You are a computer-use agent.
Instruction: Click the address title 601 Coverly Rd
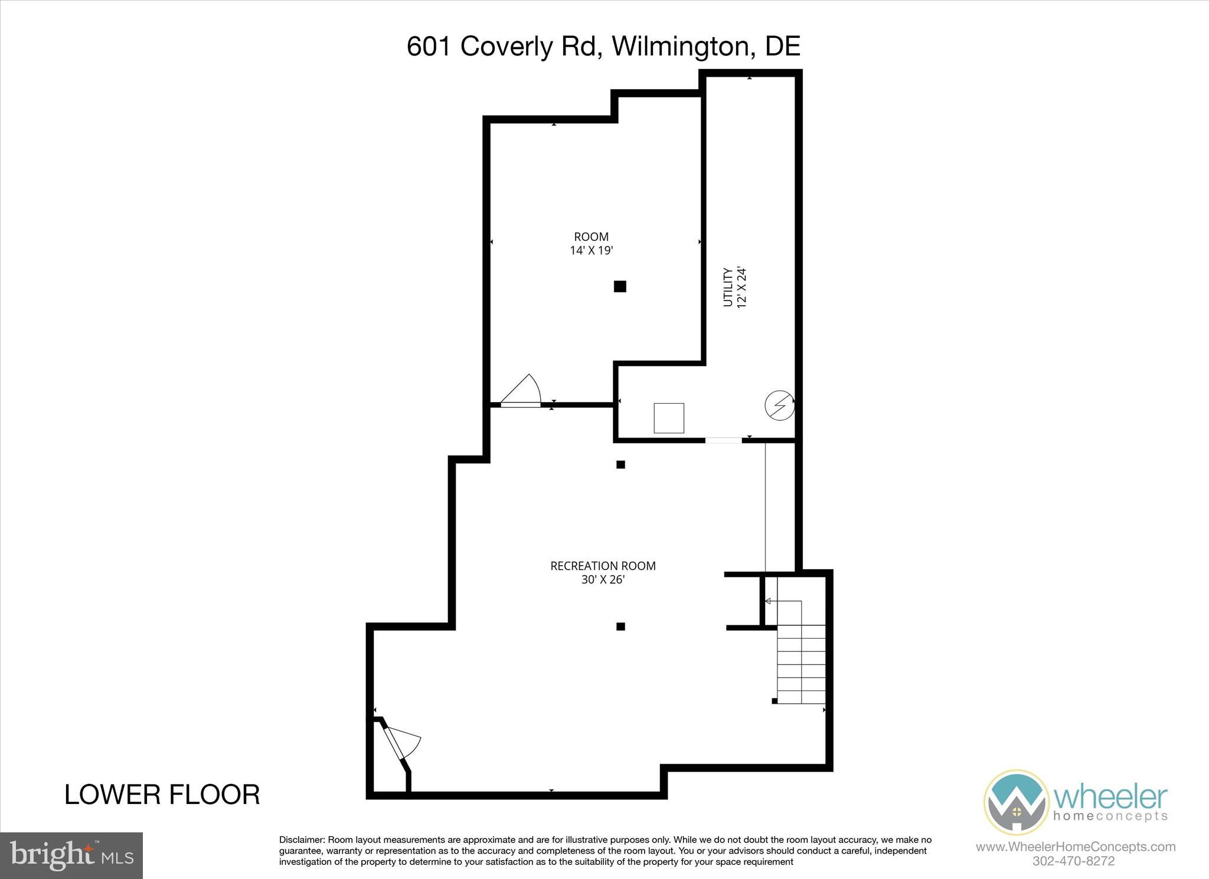(603, 46)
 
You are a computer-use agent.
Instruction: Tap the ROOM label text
(591, 237)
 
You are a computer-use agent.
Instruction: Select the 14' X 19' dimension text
(591, 250)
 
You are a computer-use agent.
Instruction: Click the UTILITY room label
(728, 287)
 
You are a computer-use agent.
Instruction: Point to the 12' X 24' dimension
(742, 287)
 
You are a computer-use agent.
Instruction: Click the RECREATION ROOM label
(603, 566)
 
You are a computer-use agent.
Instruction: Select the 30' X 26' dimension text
(603, 580)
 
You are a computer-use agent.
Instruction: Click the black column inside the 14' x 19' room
(620, 286)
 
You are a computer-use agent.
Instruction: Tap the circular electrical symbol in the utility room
(779, 406)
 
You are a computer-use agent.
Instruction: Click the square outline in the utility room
(669, 418)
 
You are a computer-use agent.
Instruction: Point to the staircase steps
(801, 664)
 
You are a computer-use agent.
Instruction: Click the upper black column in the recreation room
(620, 465)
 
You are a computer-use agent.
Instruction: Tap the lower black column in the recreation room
(620, 626)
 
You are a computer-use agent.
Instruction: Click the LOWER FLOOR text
(162, 795)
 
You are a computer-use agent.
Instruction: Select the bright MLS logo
(71, 855)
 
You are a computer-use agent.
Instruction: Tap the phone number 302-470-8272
(1073, 861)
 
